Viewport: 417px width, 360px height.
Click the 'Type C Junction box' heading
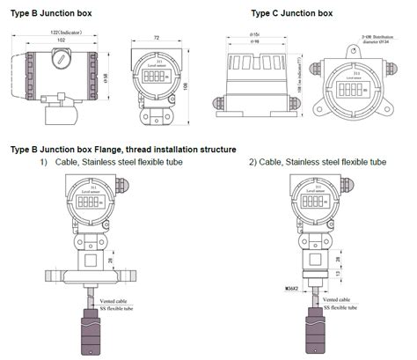click(x=292, y=13)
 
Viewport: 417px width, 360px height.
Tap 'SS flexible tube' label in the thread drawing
click(x=339, y=307)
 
